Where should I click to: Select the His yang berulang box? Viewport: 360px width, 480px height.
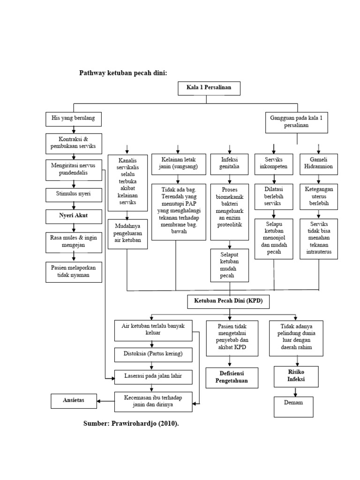tap(73, 119)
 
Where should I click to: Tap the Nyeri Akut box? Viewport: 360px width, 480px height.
tap(73, 216)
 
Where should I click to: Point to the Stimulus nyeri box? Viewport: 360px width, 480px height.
tap(73, 194)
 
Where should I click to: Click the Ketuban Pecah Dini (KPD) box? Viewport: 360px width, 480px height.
tap(229, 302)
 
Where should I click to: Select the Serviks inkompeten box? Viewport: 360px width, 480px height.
tap(274, 163)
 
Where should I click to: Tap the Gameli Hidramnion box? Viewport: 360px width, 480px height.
tap(319, 163)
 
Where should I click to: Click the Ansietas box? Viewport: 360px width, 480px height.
tap(74, 400)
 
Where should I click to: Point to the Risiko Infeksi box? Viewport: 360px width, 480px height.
tap(296, 376)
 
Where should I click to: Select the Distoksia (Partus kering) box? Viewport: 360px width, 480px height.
tap(153, 353)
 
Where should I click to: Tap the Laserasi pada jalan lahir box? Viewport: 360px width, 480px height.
tap(153, 375)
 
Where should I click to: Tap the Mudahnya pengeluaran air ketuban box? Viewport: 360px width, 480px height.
tap(127, 233)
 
